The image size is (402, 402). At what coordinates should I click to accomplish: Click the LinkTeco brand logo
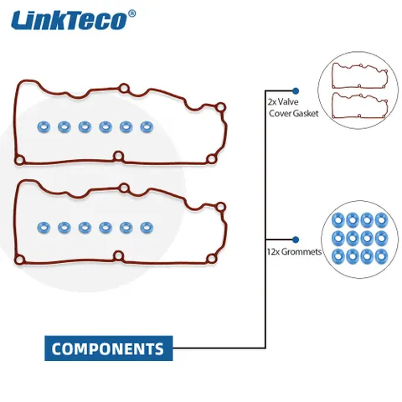74,20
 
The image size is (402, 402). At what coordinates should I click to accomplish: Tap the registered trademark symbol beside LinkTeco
132,13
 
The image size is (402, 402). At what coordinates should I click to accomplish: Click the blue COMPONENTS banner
109,348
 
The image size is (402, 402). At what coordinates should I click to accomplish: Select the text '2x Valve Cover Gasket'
293,107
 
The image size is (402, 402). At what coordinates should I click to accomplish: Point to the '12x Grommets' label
294,251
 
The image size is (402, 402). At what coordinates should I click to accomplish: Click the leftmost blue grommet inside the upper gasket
44,127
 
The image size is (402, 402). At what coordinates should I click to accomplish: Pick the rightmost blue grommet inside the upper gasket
147,127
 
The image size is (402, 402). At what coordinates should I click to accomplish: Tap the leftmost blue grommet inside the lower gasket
44,228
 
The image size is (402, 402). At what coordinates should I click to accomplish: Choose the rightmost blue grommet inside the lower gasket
147,228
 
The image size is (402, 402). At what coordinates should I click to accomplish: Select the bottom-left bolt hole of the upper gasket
19,160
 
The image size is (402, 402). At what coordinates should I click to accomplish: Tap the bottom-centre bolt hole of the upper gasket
119,157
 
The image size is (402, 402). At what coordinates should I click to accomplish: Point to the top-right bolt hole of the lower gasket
220,207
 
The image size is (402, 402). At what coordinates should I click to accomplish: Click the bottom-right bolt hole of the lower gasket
212,259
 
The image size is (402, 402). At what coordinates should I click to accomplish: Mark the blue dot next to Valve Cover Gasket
296,91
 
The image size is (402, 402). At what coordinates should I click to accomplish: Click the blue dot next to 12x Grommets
296,240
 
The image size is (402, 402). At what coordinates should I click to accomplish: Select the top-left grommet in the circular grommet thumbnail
338,220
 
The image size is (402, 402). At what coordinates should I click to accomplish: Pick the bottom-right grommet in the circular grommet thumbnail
381,256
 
